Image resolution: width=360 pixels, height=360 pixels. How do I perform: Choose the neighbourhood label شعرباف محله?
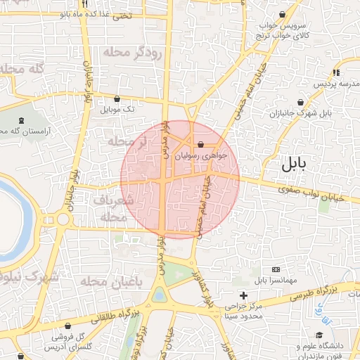110,209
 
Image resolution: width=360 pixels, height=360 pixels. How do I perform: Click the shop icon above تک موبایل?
116,99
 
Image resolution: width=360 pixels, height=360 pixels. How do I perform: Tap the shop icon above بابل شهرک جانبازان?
301,103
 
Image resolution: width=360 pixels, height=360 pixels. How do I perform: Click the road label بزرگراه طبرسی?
321,290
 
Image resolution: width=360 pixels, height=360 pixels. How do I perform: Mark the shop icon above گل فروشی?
67,326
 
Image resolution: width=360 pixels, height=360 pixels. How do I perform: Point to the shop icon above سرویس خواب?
282,14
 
